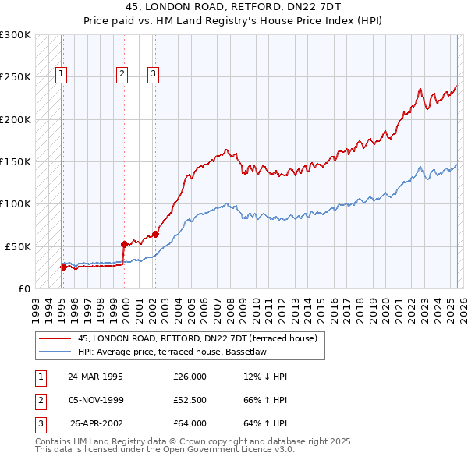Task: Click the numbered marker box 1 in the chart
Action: coord(61,74)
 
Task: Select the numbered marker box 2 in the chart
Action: coord(122,74)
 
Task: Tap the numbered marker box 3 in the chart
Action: coord(154,74)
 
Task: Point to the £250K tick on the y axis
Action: coord(16,77)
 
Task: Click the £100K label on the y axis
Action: coord(16,203)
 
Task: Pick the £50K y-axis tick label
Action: coord(19,246)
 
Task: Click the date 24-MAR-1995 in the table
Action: coord(95,377)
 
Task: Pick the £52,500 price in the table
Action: coord(190,400)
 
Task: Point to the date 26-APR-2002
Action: coord(96,423)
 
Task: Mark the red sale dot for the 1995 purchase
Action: coord(63,267)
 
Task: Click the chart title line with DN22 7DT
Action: coord(233,6)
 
